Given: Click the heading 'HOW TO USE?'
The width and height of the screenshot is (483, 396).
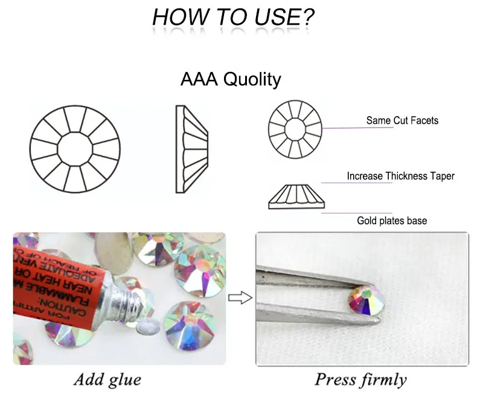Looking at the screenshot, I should point(233,16).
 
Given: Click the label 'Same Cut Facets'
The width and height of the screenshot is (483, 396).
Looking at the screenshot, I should point(402,120).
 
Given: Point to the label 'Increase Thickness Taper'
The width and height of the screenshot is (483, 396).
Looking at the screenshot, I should point(400,176).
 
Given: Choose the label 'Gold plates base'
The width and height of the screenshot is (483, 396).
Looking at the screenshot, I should point(391,221).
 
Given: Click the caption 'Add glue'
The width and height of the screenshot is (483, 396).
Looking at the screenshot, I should point(107,380).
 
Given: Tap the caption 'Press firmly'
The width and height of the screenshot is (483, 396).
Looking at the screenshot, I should point(360,380).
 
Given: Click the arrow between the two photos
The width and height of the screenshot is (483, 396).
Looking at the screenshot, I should point(240,297).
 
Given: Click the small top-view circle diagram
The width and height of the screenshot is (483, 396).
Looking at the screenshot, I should point(295,128).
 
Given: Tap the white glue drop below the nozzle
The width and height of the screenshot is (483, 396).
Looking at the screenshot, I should point(147,327).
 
